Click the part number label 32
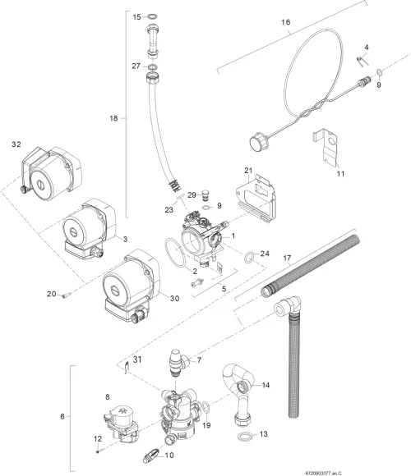point(16,144)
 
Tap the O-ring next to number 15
point(154,16)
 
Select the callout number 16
point(285,22)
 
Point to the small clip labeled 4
point(363,61)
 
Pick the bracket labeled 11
point(326,147)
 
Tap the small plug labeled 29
point(206,195)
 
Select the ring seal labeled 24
point(249,258)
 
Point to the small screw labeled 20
point(67,295)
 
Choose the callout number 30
point(174,299)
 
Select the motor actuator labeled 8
point(121,420)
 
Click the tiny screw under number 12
point(97,451)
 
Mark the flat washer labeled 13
point(245,437)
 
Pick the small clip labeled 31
point(127,367)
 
